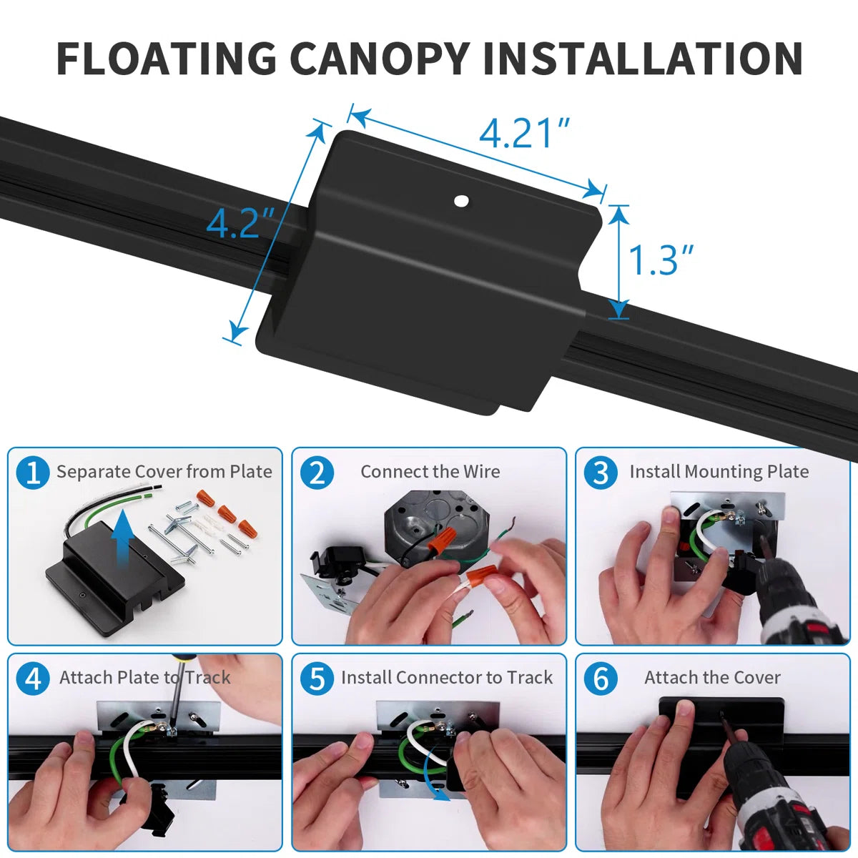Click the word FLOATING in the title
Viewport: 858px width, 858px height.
coord(166,59)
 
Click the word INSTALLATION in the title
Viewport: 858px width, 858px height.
coord(642,59)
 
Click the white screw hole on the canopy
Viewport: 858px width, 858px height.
coord(462,202)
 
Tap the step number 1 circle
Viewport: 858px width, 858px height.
coord(33,473)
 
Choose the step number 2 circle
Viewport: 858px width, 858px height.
coord(317,473)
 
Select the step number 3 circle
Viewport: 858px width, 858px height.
coord(601,473)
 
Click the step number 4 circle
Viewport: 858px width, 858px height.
coord(33,678)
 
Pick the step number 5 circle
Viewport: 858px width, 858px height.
coord(317,678)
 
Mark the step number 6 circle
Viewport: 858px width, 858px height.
coord(601,678)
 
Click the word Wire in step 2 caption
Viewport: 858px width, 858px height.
coord(481,472)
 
